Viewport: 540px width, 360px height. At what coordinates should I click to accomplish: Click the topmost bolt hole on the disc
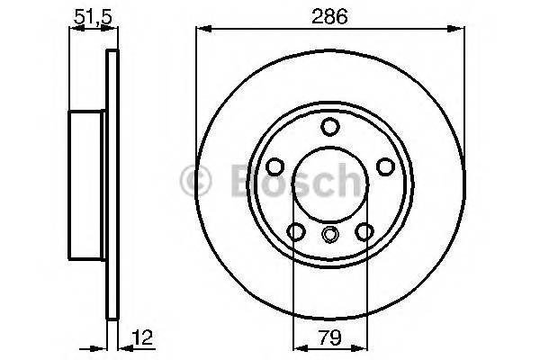pos(329,126)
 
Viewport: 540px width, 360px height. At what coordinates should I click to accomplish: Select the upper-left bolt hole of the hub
pos(275,166)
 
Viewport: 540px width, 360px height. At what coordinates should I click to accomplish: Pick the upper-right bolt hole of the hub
pos(384,166)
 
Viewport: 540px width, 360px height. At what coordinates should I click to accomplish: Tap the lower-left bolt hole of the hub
pos(295,232)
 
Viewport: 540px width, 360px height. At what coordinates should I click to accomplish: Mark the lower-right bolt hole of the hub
pos(364,232)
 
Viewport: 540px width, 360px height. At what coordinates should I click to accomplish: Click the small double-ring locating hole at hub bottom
pos(329,236)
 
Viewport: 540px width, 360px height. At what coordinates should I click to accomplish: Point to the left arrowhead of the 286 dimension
pos(201,30)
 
